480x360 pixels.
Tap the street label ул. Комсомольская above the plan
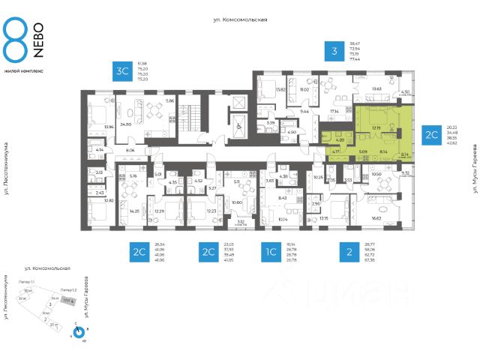click(x=239, y=20)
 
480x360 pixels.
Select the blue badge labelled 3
click(x=334, y=52)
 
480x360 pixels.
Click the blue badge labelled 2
click(x=348, y=252)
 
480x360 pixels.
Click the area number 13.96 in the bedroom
click(x=109, y=127)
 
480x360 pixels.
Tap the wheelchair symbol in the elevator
click(x=239, y=127)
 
